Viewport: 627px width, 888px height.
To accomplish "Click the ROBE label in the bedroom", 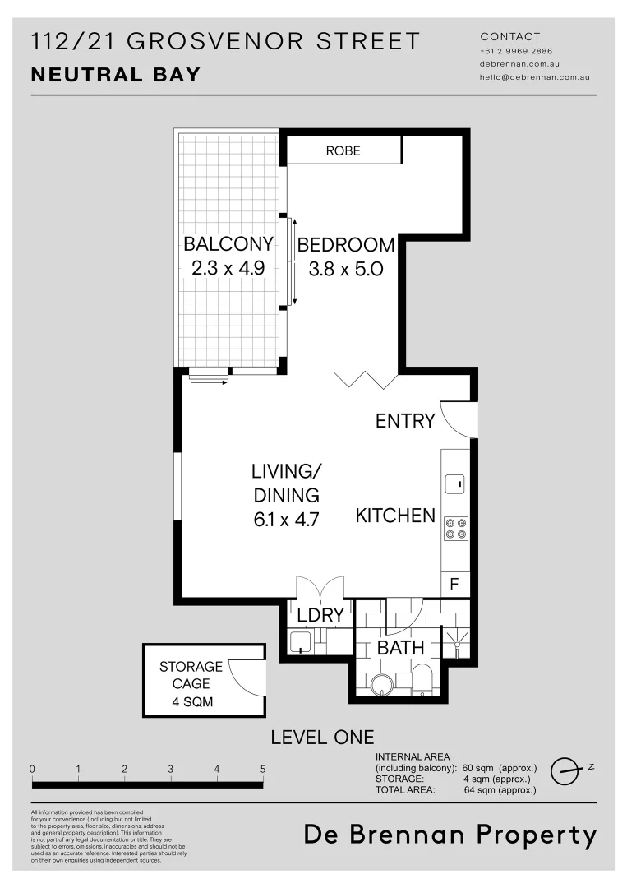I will click(343, 150).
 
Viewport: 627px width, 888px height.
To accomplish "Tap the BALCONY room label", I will click(228, 244).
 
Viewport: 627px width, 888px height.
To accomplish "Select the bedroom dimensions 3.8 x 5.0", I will click(345, 268).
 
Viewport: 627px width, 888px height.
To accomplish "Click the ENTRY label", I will click(404, 421).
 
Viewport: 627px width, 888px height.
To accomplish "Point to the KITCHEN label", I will click(395, 516).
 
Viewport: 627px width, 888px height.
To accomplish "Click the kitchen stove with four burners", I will click(455, 528).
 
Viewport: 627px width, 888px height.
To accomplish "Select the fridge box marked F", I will click(454, 585).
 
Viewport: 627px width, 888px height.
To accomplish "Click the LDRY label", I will click(320, 616).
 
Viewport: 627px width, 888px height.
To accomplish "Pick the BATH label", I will click(400, 648).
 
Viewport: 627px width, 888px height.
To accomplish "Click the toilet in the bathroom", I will click(422, 679).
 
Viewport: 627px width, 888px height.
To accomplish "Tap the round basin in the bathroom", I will click(381, 684).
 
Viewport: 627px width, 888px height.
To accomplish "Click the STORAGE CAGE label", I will click(191, 675).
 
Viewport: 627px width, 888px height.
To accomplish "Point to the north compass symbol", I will click(565, 769).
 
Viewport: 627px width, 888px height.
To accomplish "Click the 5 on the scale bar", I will click(263, 769).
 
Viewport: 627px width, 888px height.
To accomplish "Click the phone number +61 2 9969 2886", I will click(516, 51).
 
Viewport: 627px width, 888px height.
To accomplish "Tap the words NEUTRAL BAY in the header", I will click(115, 75).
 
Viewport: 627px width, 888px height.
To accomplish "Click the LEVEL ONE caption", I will click(322, 738).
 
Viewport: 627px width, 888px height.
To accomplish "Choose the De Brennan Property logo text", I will click(450, 835).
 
